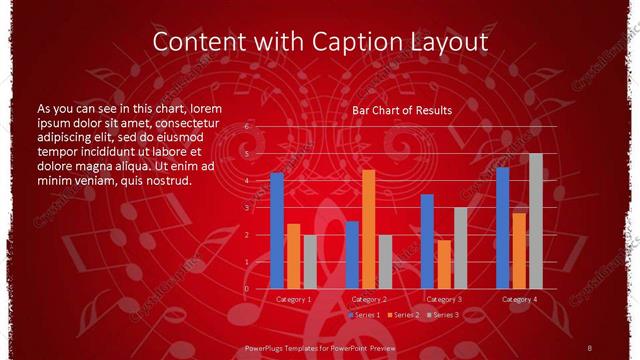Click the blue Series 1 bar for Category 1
[x=277, y=230]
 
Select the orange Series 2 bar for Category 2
[x=368, y=229]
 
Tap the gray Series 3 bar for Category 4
[x=536, y=221]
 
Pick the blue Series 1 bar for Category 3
[x=427, y=241]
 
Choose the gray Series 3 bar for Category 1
[x=310, y=261]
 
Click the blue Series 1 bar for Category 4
[x=503, y=228]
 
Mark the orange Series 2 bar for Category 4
[x=519, y=250]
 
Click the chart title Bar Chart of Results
[x=401, y=110]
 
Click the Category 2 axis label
[x=368, y=299]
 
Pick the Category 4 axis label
[x=519, y=299]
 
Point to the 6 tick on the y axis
[x=247, y=128]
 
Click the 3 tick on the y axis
[x=247, y=208]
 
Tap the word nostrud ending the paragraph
[x=166, y=181]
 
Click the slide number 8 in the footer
[x=589, y=346]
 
